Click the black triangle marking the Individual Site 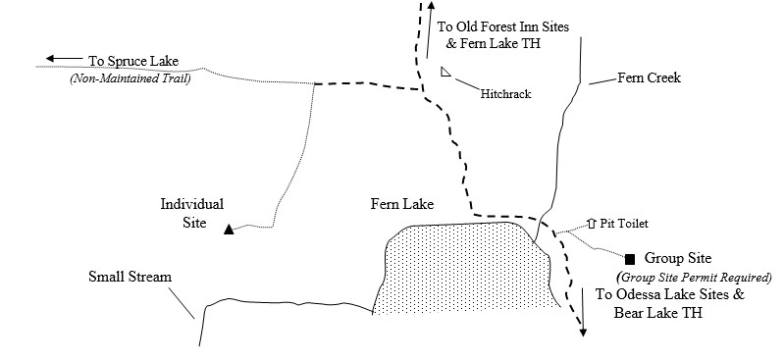click(229, 231)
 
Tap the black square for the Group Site click(630, 259)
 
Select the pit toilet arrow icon click(590, 223)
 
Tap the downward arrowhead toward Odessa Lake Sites click(582, 331)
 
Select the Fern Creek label click(649, 77)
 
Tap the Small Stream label click(130, 278)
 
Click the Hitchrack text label click(505, 94)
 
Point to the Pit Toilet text click(624, 224)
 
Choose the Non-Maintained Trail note click(130, 78)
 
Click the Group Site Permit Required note click(692, 277)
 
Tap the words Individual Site click(192, 214)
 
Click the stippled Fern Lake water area click(461, 270)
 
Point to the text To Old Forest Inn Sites click(502, 27)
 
